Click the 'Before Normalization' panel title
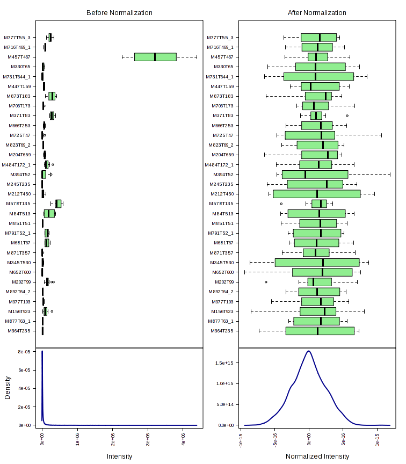click(x=119, y=13)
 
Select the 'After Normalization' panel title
click(x=317, y=13)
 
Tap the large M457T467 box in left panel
click(x=155, y=57)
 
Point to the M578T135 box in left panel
click(x=58, y=204)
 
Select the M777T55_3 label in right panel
click(x=220, y=38)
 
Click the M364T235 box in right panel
click(x=320, y=331)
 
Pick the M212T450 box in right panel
click(x=316, y=194)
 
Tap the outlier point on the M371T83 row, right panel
click(x=347, y=115)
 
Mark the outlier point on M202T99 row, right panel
click(x=266, y=282)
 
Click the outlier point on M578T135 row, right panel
click(x=281, y=204)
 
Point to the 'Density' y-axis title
click(x=8, y=387)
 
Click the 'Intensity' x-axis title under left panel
click(x=119, y=456)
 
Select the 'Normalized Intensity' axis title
click(x=317, y=456)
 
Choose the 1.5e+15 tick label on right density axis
click(x=224, y=363)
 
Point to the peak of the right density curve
click(x=308, y=351)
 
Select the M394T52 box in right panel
click(x=315, y=175)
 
